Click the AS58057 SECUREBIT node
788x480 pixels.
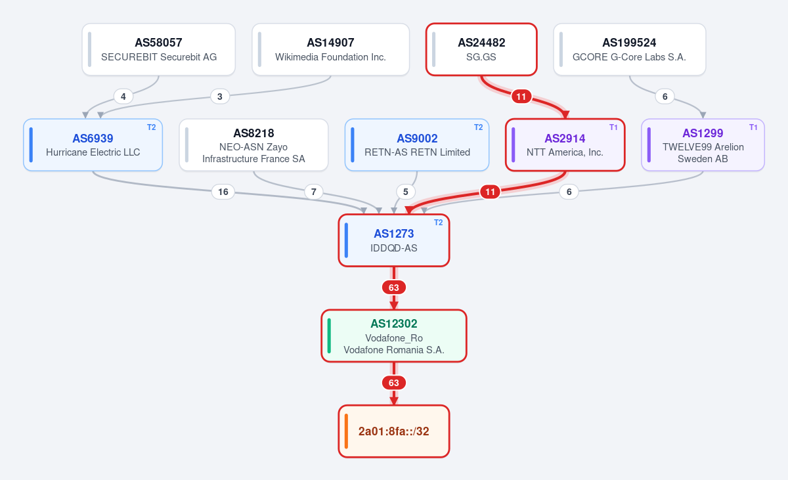click(159, 49)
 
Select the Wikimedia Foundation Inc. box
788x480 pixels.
click(331, 49)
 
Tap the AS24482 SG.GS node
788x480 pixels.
click(481, 49)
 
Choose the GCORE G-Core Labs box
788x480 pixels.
click(630, 49)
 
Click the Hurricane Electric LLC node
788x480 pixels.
click(93, 145)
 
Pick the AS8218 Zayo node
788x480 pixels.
click(253, 145)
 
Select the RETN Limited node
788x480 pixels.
click(417, 145)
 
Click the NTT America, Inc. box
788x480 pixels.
click(565, 145)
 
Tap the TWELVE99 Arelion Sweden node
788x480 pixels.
click(703, 145)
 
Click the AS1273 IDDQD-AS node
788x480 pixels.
click(394, 240)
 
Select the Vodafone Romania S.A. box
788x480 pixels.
click(394, 336)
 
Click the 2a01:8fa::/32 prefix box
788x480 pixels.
click(394, 431)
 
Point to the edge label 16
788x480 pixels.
click(223, 192)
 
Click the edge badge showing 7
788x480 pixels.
click(314, 192)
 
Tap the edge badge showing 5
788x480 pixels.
click(406, 192)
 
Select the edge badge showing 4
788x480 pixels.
click(123, 97)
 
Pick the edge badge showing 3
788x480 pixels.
click(220, 97)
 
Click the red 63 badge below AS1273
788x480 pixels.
click(394, 288)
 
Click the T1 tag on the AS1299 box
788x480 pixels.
click(753, 127)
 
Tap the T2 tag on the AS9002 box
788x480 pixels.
click(478, 127)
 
